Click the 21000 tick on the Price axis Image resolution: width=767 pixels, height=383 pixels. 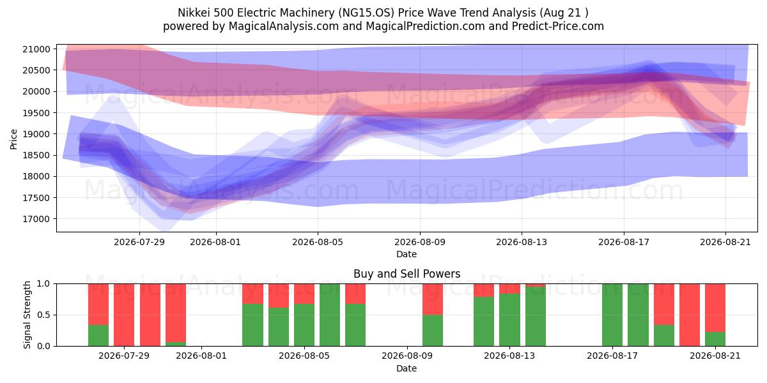[36, 49]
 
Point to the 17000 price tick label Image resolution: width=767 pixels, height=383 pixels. [36, 219]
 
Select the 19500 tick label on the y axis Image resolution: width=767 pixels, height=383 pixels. [36, 113]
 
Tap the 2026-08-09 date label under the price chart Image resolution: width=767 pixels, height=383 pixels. [420, 242]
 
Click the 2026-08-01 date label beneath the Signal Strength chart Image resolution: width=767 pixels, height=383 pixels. [201, 356]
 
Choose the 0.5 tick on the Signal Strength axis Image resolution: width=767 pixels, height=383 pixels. [44, 315]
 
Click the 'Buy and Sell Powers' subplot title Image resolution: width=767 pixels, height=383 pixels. [407, 274]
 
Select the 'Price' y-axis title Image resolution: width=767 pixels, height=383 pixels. [13, 140]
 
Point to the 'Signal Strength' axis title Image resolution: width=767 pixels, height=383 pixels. [27, 315]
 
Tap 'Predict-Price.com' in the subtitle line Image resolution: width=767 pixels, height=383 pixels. [558, 26]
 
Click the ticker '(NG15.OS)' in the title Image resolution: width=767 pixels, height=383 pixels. [366, 13]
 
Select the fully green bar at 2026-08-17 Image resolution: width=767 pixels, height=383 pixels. [612, 315]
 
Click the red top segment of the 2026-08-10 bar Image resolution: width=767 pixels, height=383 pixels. [433, 299]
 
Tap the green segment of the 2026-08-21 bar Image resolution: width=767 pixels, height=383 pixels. [715, 339]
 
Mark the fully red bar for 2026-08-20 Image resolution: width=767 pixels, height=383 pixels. [690, 315]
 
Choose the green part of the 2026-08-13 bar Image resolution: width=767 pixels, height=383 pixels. [509, 320]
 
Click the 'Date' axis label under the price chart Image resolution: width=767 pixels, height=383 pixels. [407, 255]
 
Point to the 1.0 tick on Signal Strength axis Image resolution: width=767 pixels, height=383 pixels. [44, 284]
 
